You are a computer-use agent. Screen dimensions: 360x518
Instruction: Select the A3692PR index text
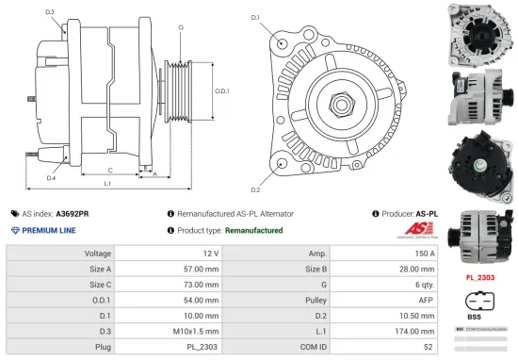pyautogui.click(x=73, y=214)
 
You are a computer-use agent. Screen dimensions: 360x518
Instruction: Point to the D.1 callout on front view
pyautogui.click(x=255, y=17)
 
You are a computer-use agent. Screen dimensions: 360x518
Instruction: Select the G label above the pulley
pyautogui.click(x=181, y=27)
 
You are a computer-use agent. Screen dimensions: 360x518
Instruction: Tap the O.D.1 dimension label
pyautogui.click(x=221, y=90)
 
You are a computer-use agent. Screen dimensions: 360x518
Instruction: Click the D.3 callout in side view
pyautogui.click(x=49, y=11)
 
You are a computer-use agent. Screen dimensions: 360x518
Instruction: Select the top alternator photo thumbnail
pyautogui.click(x=479, y=32)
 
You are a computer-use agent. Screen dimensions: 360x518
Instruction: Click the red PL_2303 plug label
pyautogui.click(x=479, y=278)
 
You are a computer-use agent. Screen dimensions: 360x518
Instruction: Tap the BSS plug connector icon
pyautogui.click(x=479, y=303)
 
